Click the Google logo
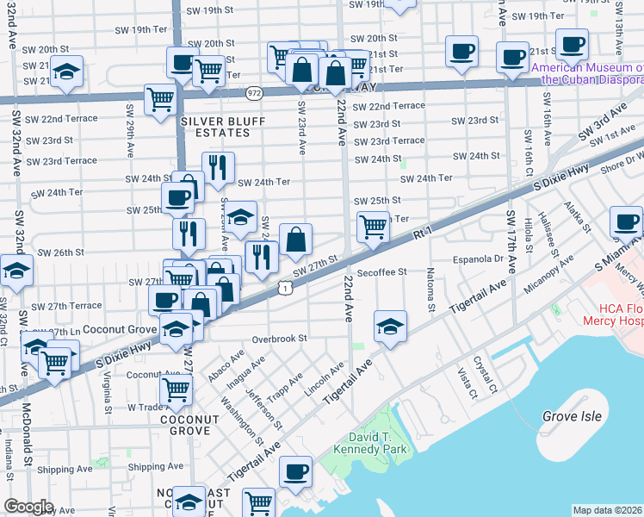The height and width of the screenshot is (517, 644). (28, 506)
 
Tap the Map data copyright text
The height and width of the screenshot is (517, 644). (607, 510)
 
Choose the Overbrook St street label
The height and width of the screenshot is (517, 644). (279, 339)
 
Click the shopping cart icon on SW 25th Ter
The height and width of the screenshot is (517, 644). (372, 227)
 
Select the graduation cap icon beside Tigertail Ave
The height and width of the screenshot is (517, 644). (390, 326)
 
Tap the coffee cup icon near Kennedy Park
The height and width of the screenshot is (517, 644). (295, 471)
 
